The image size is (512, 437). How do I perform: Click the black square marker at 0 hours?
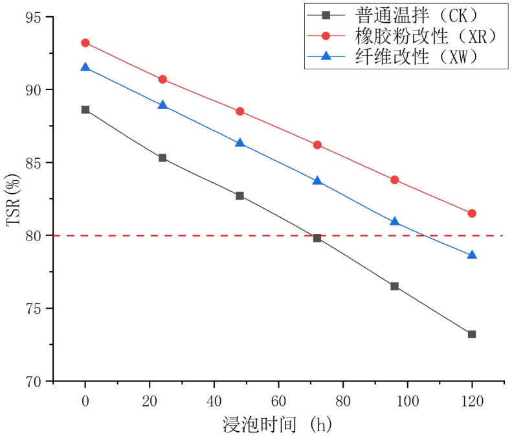pyautogui.click(x=85, y=110)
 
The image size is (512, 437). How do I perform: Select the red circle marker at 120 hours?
pyautogui.click(x=472, y=213)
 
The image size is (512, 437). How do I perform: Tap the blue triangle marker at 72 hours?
pyautogui.click(x=317, y=181)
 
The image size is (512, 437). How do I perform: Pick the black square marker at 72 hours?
pyautogui.click(x=317, y=238)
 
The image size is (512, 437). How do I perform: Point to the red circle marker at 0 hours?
pyautogui.click(x=85, y=43)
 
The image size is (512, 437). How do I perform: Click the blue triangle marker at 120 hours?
pyautogui.click(x=472, y=255)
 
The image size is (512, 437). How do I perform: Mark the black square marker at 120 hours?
pyautogui.click(x=472, y=334)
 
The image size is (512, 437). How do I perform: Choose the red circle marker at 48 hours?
pyautogui.click(x=240, y=112)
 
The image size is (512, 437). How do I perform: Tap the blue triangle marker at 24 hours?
pyautogui.click(x=162, y=105)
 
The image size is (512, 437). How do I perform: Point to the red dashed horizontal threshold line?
pyautogui.click(x=194, y=235)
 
